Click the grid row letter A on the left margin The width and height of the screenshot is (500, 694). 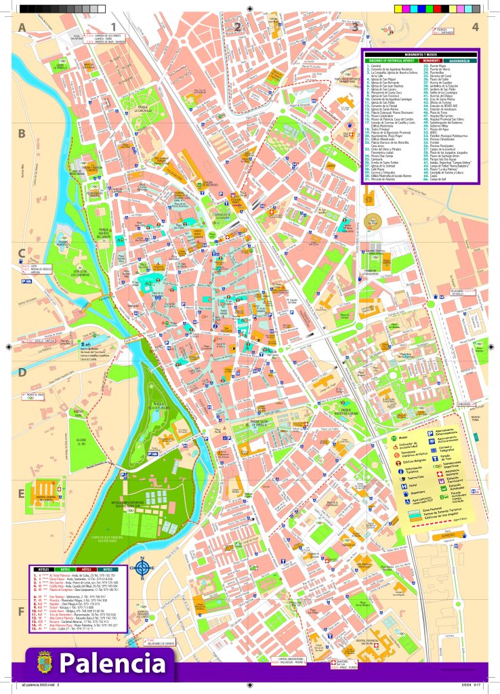point(22,28)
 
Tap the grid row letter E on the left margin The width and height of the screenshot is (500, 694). point(22,493)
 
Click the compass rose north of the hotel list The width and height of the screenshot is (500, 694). point(143,568)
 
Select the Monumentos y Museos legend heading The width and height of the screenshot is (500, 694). point(420,54)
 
